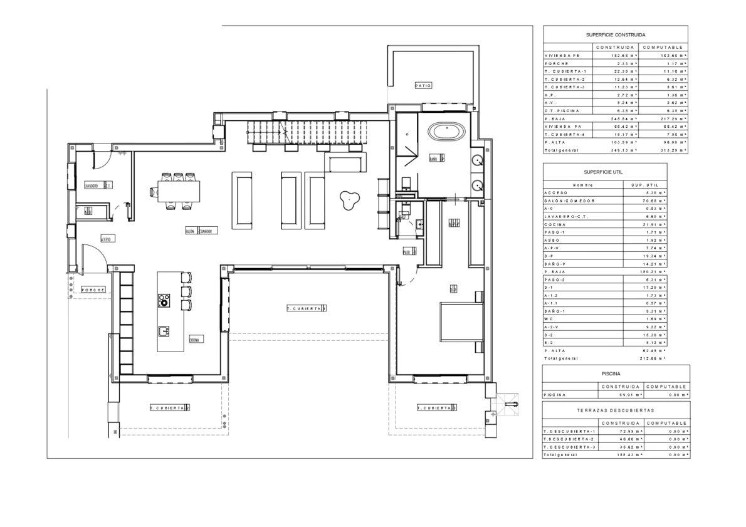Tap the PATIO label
(423, 85)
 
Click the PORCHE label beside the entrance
(93, 290)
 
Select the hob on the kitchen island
(164, 300)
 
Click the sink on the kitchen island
(164, 329)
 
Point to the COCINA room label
(194, 339)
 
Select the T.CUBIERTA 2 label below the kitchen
(169, 408)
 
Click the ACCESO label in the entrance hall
(106, 239)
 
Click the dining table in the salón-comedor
(179, 190)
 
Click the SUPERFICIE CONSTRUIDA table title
(615, 35)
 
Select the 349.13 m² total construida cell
(624, 150)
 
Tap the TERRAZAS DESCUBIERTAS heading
(616, 410)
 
